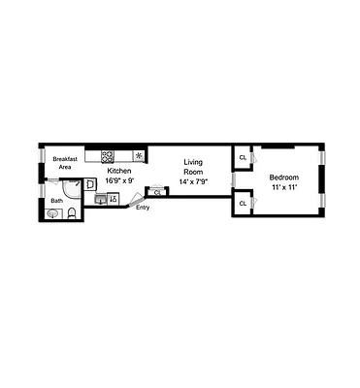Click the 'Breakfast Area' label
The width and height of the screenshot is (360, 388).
point(65,163)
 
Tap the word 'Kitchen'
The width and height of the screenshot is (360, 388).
point(118,170)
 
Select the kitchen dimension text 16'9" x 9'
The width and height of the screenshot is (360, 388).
point(118,178)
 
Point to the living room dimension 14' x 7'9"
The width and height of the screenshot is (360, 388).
point(194,181)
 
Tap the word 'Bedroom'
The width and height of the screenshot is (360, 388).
point(283,178)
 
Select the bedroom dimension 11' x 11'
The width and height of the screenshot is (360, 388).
point(283,186)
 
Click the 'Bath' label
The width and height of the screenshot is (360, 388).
point(57,201)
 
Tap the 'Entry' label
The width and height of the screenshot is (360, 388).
point(143,208)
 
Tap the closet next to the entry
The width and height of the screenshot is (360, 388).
point(156,192)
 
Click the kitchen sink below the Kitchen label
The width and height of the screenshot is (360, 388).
point(101,199)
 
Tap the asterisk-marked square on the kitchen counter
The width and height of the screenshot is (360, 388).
point(139,155)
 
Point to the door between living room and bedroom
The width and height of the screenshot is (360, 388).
point(232,179)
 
